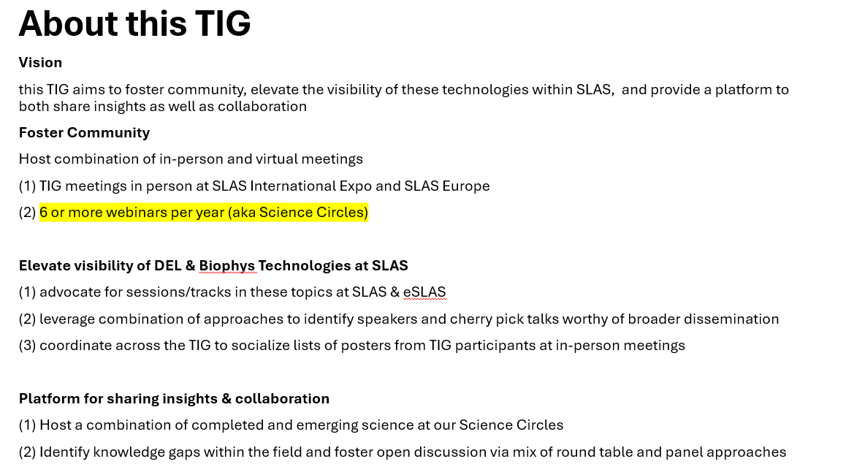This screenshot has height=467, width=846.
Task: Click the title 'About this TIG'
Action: pyautogui.click(x=134, y=23)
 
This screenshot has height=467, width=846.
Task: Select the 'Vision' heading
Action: pyautogui.click(x=40, y=63)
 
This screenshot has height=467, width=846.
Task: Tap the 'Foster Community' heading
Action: pyautogui.click(x=84, y=132)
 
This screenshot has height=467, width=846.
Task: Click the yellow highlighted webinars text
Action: pyautogui.click(x=204, y=212)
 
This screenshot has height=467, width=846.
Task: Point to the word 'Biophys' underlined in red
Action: pyautogui.click(x=226, y=265)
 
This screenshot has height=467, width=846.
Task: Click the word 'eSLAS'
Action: pyautogui.click(x=424, y=292)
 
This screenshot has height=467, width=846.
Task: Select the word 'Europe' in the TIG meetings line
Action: pyautogui.click(x=466, y=186)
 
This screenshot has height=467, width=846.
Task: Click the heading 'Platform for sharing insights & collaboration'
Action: pyautogui.click(x=174, y=398)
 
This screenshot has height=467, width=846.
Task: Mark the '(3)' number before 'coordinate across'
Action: pyautogui.click(x=28, y=345)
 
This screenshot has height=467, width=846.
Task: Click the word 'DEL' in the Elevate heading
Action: pyautogui.click(x=167, y=265)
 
